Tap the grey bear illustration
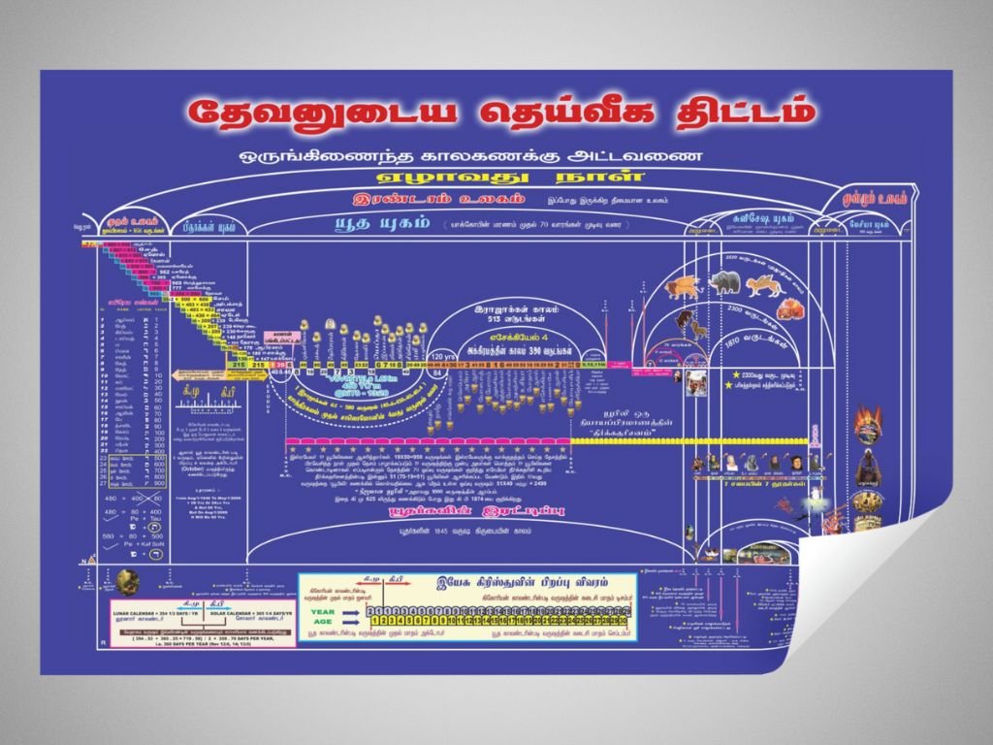pyautogui.click(x=722, y=283)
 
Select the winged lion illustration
pyautogui.click(x=684, y=285)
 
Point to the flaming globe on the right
pyautogui.click(x=868, y=426)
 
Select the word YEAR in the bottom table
pyautogui.click(x=321, y=611)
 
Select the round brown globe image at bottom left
pyautogui.click(x=128, y=581)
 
